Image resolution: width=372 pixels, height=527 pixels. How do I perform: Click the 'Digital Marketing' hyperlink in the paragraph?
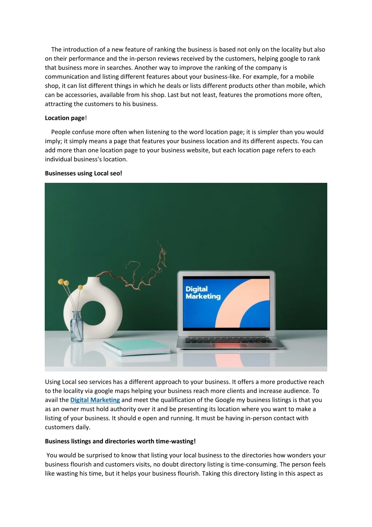[x=95, y=400]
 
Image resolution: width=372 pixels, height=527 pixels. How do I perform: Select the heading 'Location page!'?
[x=65, y=118]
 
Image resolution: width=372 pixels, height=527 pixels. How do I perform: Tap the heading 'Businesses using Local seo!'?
[x=83, y=173]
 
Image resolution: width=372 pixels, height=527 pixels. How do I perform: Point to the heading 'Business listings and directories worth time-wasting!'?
[x=120, y=441]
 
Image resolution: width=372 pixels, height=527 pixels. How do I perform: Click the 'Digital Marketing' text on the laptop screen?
[x=203, y=293]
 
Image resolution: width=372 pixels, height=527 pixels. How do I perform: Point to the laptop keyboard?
[x=228, y=340]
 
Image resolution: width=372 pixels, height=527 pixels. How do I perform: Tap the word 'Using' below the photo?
[x=53, y=382]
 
